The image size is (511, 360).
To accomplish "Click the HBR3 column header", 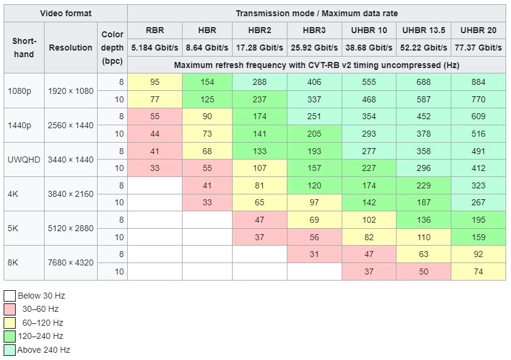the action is [x=314, y=30].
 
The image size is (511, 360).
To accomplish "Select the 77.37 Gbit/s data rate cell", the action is [x=478, y=48].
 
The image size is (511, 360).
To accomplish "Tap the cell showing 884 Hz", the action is [x=478, y=82].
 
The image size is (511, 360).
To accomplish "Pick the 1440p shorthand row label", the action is [x=19, y=125].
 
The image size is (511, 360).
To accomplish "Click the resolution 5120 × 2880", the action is [x=71, y=228].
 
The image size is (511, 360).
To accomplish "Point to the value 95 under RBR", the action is [x=155, y=82].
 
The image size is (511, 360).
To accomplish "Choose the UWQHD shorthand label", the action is [x=24, y=160].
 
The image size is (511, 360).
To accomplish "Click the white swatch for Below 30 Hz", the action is [x=10, y=296].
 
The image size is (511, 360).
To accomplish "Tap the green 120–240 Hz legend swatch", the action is [x=10, y=337].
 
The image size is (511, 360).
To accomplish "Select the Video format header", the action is [x=66, y=13].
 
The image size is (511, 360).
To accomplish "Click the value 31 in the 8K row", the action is [x=314, y=254].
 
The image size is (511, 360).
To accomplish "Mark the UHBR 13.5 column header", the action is [x=424, y=30].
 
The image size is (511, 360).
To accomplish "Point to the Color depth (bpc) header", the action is [x=112, y=48].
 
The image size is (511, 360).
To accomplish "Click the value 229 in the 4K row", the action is [x=424, y=185].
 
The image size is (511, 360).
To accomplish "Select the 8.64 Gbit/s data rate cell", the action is [x=207, y=48].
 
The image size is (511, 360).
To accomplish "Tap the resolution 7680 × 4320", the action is [x=71, y=262].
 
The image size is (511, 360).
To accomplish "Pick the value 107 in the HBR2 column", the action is [x=259, y=168].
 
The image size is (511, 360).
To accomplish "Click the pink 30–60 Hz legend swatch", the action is [x=10, y=309].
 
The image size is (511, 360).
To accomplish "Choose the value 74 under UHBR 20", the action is [x=478, y=271].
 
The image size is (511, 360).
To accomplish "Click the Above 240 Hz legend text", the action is [x=43, y=350].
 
